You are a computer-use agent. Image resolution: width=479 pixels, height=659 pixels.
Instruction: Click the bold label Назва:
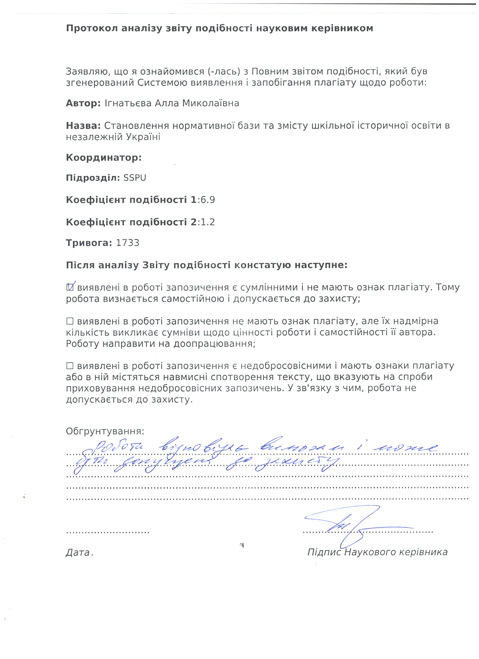(83, 126)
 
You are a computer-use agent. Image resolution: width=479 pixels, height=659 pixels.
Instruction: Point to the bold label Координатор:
(104, 158)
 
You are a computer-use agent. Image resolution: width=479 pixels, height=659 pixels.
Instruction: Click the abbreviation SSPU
(135, 178)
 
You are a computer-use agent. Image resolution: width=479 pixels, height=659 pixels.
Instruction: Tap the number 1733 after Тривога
(128, 243)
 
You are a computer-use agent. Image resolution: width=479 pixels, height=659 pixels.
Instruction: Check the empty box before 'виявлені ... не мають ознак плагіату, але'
(70, 321)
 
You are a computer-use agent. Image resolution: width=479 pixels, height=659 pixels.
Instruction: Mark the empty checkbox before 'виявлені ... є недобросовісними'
(70, 366)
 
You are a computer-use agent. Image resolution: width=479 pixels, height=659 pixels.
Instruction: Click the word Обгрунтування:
(105, 431)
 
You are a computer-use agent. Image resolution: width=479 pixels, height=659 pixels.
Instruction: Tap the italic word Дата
(78, 552)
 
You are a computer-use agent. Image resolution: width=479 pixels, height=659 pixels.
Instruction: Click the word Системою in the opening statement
(163, 83)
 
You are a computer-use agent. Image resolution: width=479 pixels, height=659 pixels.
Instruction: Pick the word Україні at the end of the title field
(143, 137)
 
